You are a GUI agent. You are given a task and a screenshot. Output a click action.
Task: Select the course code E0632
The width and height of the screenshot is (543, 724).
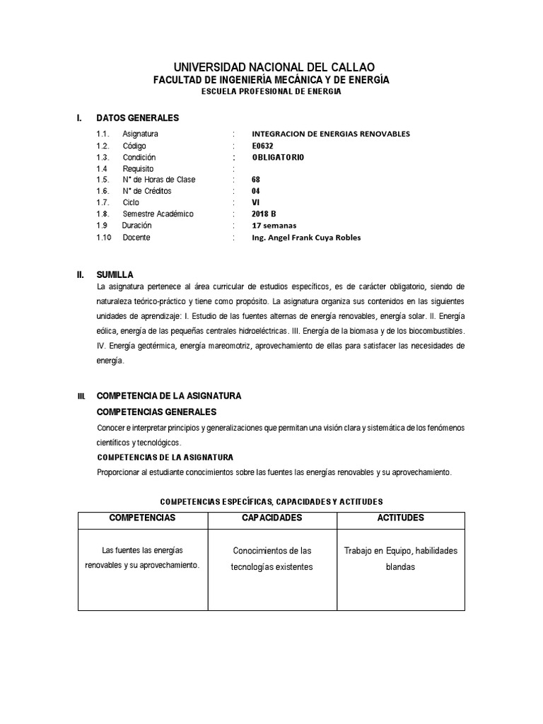click(x=262, y=146)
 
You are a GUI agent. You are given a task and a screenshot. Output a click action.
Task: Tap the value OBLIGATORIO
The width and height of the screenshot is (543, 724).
click(x=279, y=157)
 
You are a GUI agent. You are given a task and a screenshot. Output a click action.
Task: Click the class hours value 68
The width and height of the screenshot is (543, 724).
click(x=256, y=180)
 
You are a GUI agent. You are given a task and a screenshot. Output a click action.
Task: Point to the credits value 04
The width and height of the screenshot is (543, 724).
click(x=256, y=191)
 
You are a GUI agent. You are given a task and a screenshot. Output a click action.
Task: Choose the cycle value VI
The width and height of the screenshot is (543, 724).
click(x=256, y=202)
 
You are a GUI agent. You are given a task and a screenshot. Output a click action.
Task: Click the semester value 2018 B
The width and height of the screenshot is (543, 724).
click(x=264, y=214)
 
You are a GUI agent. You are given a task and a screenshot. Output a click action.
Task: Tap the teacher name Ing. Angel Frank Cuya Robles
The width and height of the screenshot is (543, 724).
click(x=306, y=238)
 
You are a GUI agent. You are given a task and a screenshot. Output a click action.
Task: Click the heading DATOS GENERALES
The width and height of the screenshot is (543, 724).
click(x=138, y=117)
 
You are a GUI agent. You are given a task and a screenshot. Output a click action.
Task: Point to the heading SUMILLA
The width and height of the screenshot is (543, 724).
click(x=115, y=274)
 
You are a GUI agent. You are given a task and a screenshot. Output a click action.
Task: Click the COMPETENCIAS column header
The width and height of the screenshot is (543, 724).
click(x=142, y=518)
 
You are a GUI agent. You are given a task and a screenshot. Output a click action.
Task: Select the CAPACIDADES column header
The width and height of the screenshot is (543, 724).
click(x=271, y=518)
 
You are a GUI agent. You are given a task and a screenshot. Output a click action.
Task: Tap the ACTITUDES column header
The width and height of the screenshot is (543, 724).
click(x=401, y=518)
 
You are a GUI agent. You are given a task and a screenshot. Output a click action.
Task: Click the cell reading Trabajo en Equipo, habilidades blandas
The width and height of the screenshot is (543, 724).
click(x=401, y=559)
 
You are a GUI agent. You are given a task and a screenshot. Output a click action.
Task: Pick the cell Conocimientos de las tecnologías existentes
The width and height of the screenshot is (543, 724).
click(x=271, y=559)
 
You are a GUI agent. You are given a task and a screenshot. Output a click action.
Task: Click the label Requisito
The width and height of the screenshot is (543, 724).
click(x=139, y=168)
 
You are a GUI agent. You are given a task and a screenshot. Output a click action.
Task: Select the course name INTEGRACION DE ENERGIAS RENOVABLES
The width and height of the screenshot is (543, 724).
click(x=331, y=134)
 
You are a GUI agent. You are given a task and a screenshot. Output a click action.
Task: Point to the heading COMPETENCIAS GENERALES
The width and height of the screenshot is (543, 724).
click(x=156, y=411)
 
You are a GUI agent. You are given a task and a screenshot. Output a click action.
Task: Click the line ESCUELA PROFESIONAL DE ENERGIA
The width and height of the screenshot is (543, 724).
click(x=271, y=92)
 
